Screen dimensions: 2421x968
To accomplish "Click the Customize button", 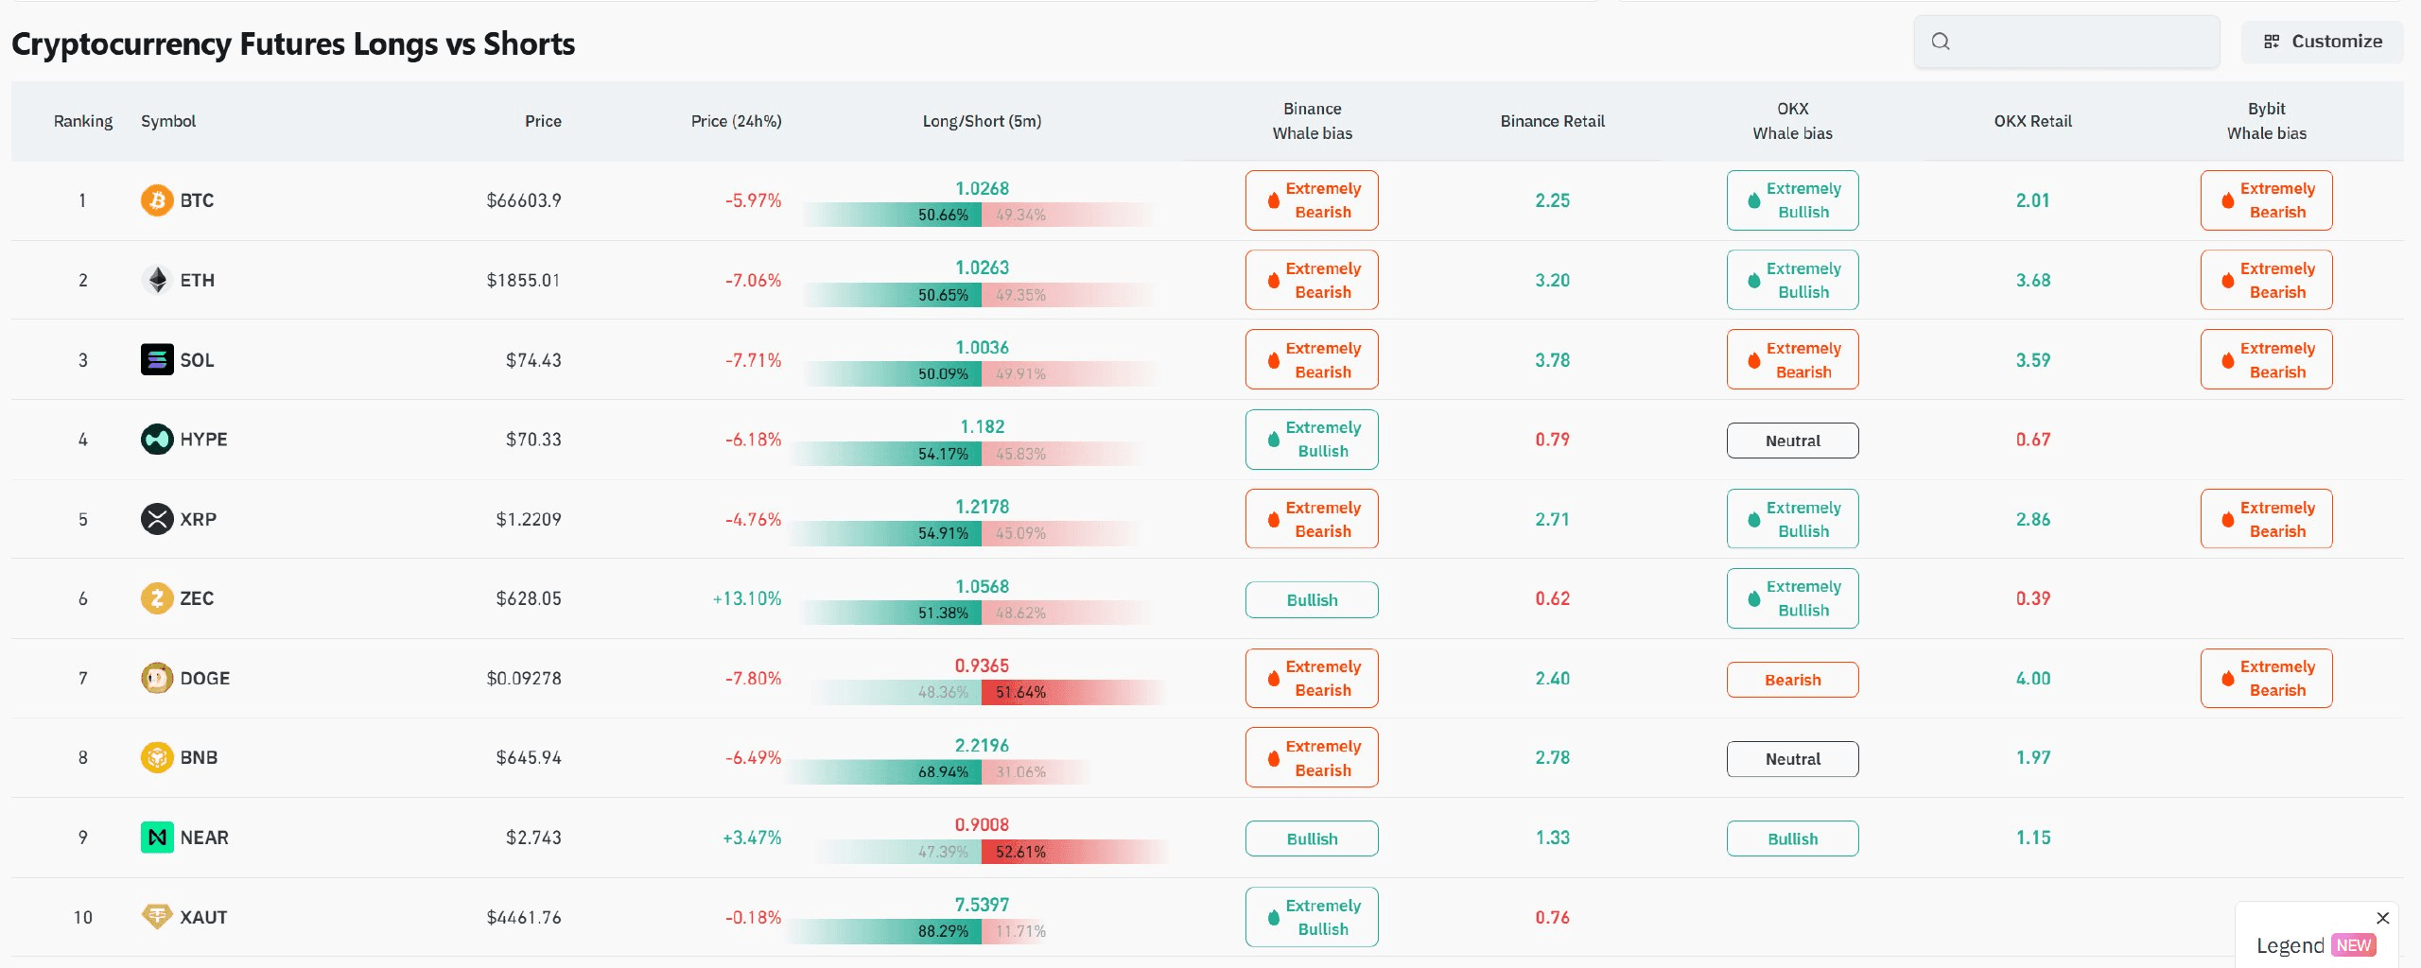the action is [x=2322, y=42].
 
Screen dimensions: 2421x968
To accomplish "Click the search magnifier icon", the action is [x=1941, y=42].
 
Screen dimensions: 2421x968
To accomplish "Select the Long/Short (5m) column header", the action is [x=982, y=121].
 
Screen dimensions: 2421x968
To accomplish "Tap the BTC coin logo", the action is [x=157, y=200].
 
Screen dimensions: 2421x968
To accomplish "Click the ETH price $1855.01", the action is [x=523, y=281].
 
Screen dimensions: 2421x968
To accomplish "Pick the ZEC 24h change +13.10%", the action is [x=747, y=599].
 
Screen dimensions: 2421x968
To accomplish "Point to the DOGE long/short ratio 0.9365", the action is [x=982, y=665].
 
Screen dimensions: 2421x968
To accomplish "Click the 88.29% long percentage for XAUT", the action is [x=943, y=931].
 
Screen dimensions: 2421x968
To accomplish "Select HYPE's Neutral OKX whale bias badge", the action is [x=1792, y=441].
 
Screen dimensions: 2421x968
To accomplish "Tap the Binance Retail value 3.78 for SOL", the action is [x=1552, y=360].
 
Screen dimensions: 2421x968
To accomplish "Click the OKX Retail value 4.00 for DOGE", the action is [x=2032, y=679].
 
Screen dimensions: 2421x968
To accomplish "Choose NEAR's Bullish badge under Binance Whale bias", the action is [x=1312, y=838].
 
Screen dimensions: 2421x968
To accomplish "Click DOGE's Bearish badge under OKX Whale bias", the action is [x=1792, y=680].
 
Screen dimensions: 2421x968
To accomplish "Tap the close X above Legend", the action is [x=2383, y=918].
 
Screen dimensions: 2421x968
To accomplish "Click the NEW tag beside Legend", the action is [x=2353, y=945].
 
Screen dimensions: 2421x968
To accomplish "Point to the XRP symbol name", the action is [x=198, y=520].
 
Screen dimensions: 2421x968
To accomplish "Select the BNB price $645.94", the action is [x=529, y=758].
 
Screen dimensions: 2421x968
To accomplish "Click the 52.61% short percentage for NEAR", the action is [x=1020, y=852].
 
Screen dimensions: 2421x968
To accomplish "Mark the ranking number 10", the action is [x=83, y=918].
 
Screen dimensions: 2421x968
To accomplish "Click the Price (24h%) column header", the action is [x=736, y=121].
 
